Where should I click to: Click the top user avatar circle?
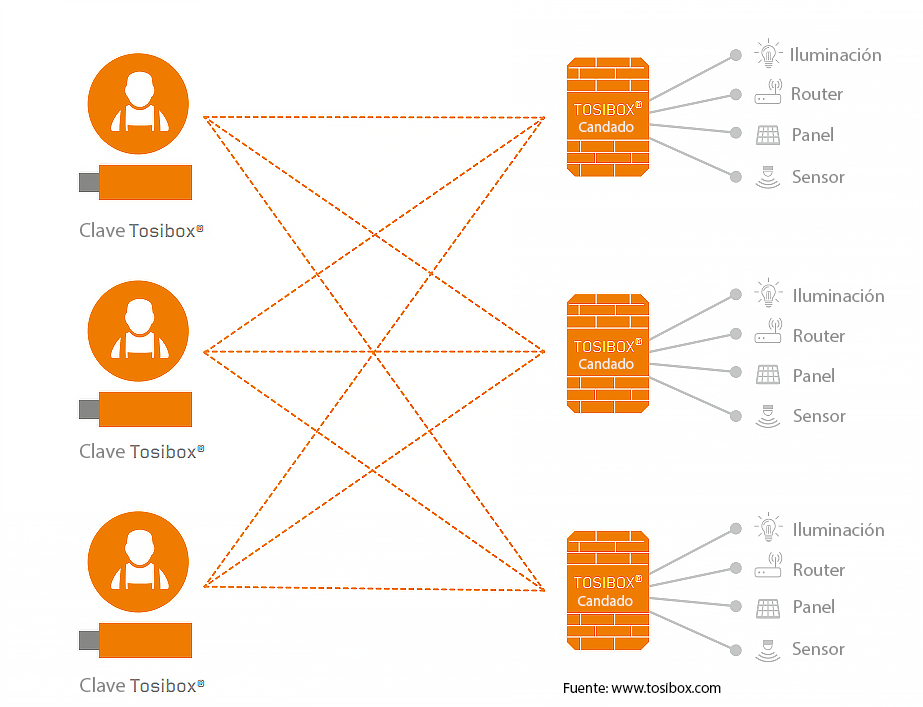coord(137,102)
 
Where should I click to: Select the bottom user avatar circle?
coord(137,560)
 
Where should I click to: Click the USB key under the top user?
coord(137,182)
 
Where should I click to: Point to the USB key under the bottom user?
coord(137,640)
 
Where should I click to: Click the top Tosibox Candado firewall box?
coord(607,117)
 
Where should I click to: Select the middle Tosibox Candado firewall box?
coord(607,353)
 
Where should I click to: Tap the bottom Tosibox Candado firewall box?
coord(607,590)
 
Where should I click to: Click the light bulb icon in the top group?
coord(768,53)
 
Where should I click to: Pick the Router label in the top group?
coord(816,94)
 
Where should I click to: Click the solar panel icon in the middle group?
coord(768,375)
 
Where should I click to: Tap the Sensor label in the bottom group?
coord(818,649)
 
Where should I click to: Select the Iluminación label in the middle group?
coord(838,296)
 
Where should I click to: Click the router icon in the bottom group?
coord(768,568)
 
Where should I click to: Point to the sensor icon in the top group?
coord(768,176)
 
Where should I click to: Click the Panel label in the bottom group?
coord(813,607)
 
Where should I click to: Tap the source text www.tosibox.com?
coord(665,688)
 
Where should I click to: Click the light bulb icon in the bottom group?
coord(768,528)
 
